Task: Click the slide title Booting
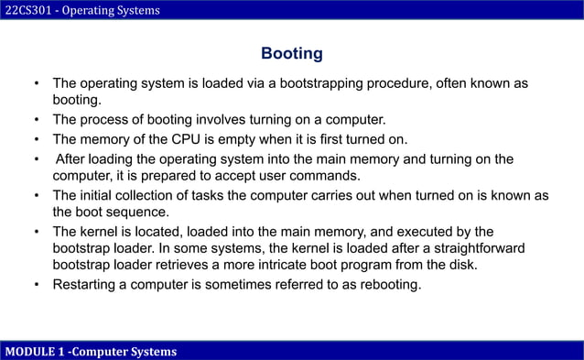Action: point(291,53)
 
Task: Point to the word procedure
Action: point(404,83)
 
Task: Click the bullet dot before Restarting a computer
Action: point(36,284)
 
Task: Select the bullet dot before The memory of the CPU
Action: point(36,139)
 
